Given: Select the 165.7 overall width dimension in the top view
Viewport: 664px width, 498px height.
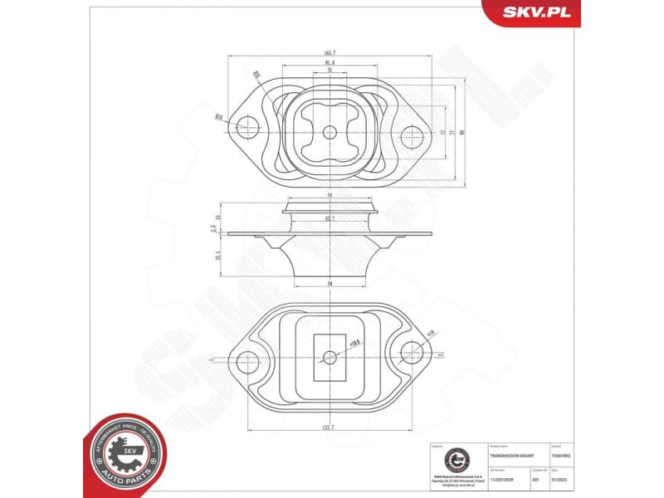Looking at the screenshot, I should [330, 54].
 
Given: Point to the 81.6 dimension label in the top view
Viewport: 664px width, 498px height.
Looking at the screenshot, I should [330, 63].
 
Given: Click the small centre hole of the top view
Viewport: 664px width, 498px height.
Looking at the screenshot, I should [330, 132].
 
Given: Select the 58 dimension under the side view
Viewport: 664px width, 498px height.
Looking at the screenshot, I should [330, 283].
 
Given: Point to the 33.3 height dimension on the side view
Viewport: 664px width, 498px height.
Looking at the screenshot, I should [217, 257].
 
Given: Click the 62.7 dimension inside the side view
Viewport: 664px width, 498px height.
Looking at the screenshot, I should [330, 218].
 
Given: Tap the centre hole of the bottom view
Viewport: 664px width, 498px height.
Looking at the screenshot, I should [330, 358].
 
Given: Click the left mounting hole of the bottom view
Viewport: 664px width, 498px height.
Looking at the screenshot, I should [247, 360].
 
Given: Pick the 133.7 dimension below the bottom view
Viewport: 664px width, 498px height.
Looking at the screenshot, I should [330, 426].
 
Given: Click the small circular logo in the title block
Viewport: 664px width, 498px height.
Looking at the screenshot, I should [454, 459].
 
